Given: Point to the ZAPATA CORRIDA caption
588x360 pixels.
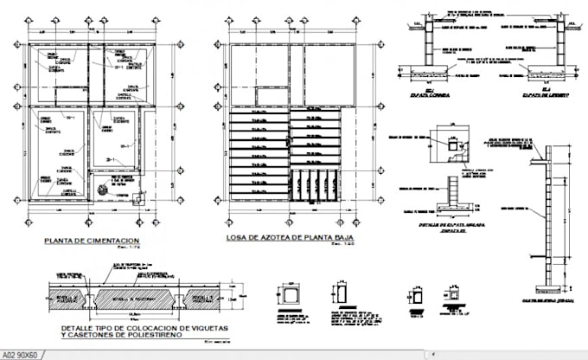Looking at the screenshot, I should (424, 93).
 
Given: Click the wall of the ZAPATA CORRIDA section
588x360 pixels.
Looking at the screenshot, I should (423, 43).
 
